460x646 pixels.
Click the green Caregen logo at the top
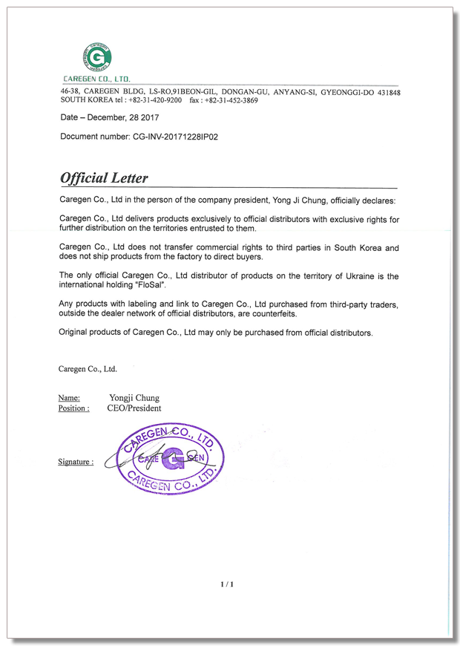pos(96,57)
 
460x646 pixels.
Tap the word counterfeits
pos(274,314)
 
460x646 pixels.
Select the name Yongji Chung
pos(134,398)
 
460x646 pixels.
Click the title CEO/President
pos(134,408)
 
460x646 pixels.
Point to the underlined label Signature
pos(76,462)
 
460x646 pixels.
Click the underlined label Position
pos(73,408)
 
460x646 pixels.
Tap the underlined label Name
pos(69,398)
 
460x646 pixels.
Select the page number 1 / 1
pos(227,584)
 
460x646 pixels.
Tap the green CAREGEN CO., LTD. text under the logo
pos(96,78)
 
